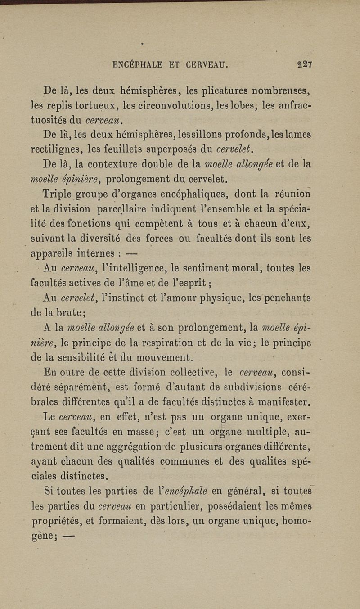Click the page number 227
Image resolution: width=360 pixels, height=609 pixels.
click(305, 64)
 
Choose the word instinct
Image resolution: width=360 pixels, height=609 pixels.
click(153, 298)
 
